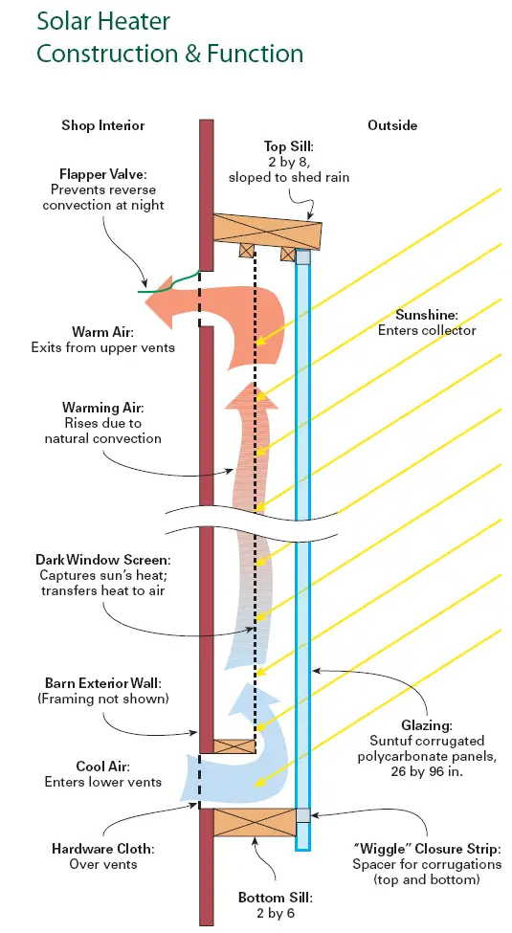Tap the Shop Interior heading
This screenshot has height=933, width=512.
click(x=103, y=125)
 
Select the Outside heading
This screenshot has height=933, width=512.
click(x=392, y=125)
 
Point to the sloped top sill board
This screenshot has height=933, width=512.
click(x=267, y=228)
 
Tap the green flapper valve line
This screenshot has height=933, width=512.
click(x=168, y=282)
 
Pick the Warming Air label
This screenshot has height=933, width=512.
click(x=102, y=409)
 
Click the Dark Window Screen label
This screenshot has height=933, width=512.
click(x=103, y=560)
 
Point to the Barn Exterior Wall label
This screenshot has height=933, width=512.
click(x=103, y=682)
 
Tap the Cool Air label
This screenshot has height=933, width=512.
click(x=102, y=766)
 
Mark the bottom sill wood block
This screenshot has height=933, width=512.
click(x=255, y=822)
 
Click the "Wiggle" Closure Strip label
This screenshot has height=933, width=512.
click(x=426, y=849)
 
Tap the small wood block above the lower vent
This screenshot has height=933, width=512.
click(x=234, y=746)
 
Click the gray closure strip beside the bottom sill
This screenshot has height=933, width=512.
click(x=303, y=815)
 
